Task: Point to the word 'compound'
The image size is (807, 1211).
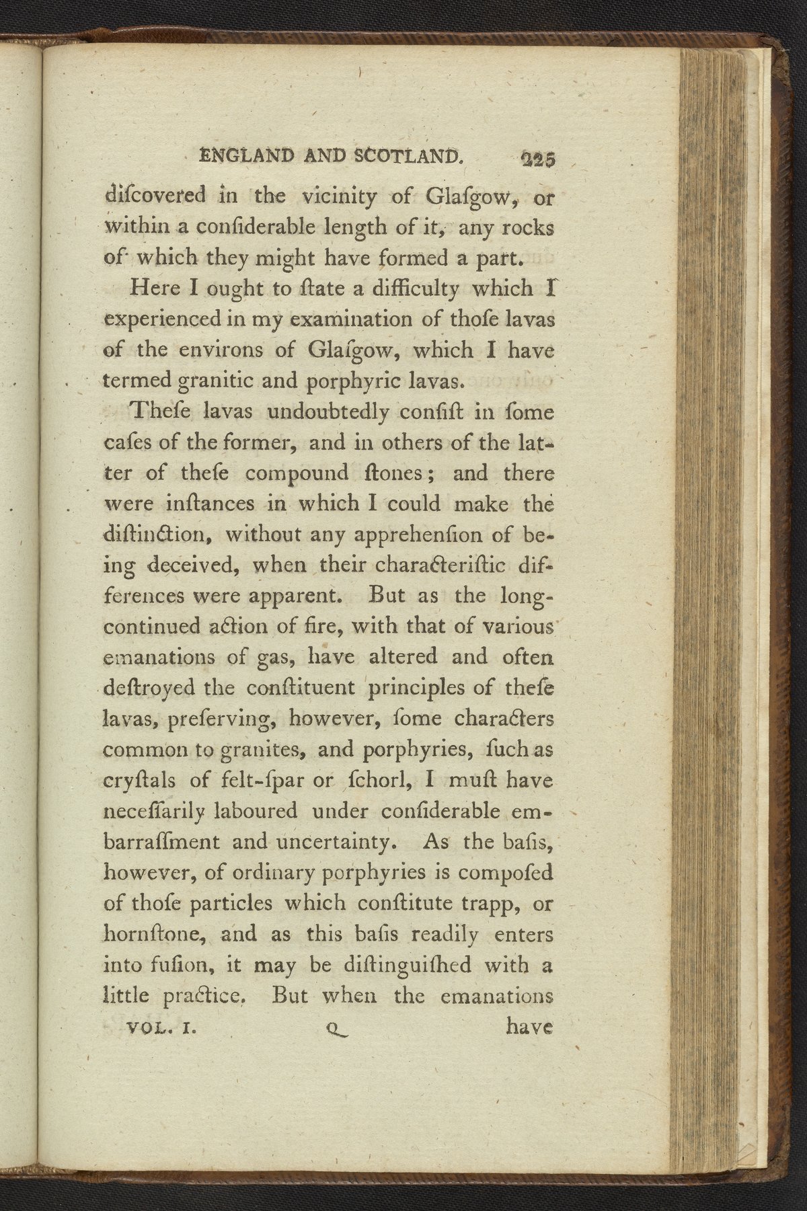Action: [x=297, y=473]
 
